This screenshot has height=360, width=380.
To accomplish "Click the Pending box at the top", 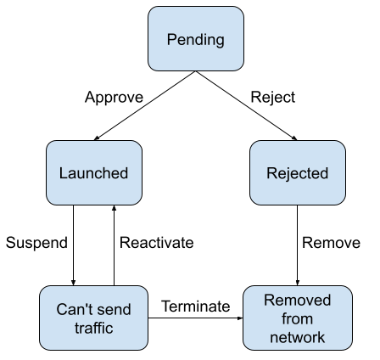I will (x=196, y=39).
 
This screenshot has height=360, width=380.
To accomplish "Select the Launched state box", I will (x=93, y=173).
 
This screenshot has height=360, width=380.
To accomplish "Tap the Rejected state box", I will (x=297, y=173).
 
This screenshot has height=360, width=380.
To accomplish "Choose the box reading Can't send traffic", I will (x=93, y=318).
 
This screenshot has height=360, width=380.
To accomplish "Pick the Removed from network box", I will (x=297, y=318).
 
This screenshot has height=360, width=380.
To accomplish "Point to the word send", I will (x=115, y=310).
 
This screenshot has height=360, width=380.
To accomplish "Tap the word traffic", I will (x=93, y=328).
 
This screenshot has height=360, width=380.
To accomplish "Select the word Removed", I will (x=297, y=301).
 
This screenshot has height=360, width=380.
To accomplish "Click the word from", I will (x=297, y=319).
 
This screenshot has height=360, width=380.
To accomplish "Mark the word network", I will (x=297, y=337).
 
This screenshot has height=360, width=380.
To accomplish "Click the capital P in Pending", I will (x=171, y=40).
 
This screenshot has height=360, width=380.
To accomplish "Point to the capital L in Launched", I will (x=63, y=173).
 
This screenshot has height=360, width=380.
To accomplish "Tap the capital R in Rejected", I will (x=271, y=173).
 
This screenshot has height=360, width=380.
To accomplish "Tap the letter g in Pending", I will (x=219, y=42).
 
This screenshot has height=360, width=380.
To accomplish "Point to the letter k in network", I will (x=321, y=337).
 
